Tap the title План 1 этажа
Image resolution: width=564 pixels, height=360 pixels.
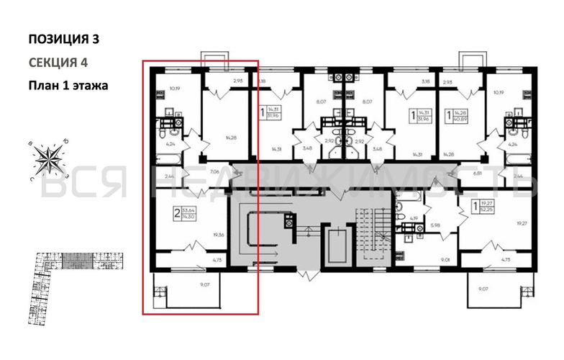[x=68, y=85]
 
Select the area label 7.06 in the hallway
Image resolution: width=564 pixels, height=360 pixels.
[x=214, y=173]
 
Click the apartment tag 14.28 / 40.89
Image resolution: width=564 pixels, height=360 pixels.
[x=454, y=114]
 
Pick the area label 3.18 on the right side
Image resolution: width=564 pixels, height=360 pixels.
[x=426, y=81]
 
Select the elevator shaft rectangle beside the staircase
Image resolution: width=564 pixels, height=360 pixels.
[x=336, y=246]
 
